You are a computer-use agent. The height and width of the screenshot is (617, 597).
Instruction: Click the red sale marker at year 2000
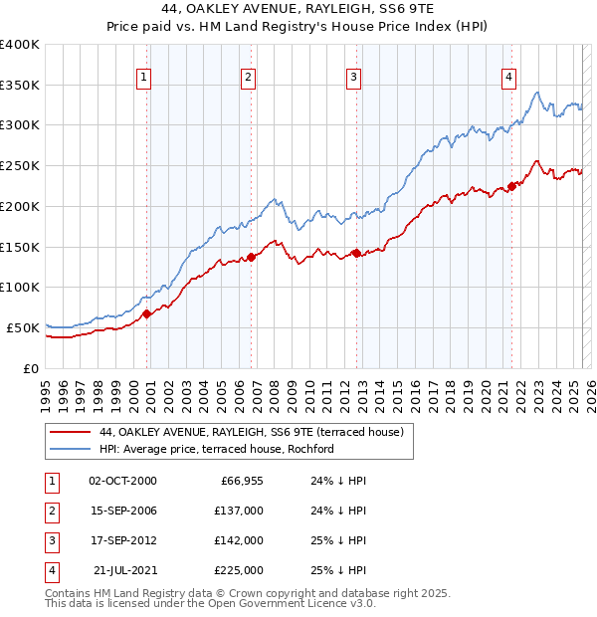(146, 313)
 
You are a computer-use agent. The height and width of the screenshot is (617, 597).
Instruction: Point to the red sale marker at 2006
(251, 257)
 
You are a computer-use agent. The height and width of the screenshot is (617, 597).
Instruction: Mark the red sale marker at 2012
(356, 253)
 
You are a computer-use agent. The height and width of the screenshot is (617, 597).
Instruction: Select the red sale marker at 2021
(511, 185)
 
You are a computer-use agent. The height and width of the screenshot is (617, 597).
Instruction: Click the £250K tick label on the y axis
(19, 165)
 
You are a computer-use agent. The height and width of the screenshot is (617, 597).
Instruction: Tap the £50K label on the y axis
(22, 327)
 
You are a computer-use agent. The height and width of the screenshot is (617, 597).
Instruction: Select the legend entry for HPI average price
(216, 449)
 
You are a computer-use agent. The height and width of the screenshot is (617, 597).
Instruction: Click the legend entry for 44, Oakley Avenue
(251, 432)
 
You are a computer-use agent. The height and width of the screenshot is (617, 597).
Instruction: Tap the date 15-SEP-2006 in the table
(122, 510)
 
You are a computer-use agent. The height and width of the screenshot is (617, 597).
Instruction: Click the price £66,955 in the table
(242, 480)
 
